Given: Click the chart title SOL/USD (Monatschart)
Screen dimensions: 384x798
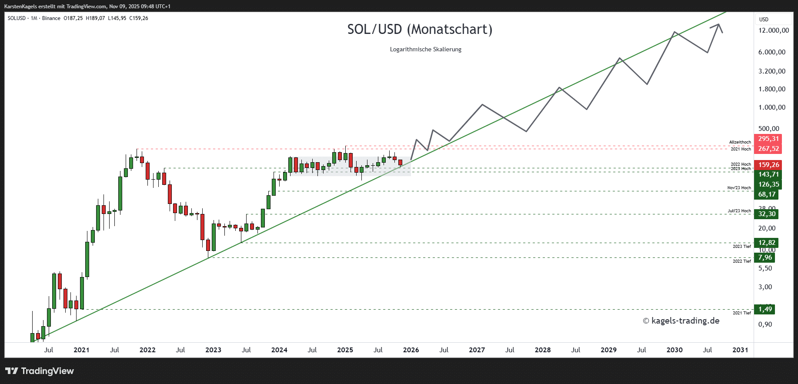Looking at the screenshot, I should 420,30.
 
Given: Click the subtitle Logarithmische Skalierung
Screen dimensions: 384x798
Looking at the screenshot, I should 425,50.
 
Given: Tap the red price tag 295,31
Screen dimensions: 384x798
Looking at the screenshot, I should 768,139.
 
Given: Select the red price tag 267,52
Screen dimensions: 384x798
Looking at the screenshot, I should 768,149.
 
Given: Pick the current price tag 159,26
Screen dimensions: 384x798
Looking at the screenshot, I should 768,165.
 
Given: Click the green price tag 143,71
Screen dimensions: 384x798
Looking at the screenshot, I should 768,174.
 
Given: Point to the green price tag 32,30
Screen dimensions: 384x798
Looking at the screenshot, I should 767,214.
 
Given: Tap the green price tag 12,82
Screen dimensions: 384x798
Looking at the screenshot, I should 767,243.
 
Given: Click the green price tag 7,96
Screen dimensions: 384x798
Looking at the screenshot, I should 765,257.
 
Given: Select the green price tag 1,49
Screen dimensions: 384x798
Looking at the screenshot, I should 765,309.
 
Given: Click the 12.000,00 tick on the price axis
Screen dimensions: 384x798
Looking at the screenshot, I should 773,30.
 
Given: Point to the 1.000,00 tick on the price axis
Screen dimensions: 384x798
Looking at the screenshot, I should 771,107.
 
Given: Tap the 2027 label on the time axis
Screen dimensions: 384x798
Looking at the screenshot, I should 477,350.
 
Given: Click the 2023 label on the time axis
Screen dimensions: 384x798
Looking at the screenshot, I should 213,350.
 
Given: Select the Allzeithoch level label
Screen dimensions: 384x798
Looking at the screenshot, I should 740,142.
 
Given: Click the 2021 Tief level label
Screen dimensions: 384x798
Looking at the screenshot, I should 741,313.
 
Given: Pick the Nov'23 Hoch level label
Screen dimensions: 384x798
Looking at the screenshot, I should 739,188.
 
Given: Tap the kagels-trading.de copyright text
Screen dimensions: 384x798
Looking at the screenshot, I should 681,321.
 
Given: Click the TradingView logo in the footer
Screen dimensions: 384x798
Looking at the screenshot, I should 40,371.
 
